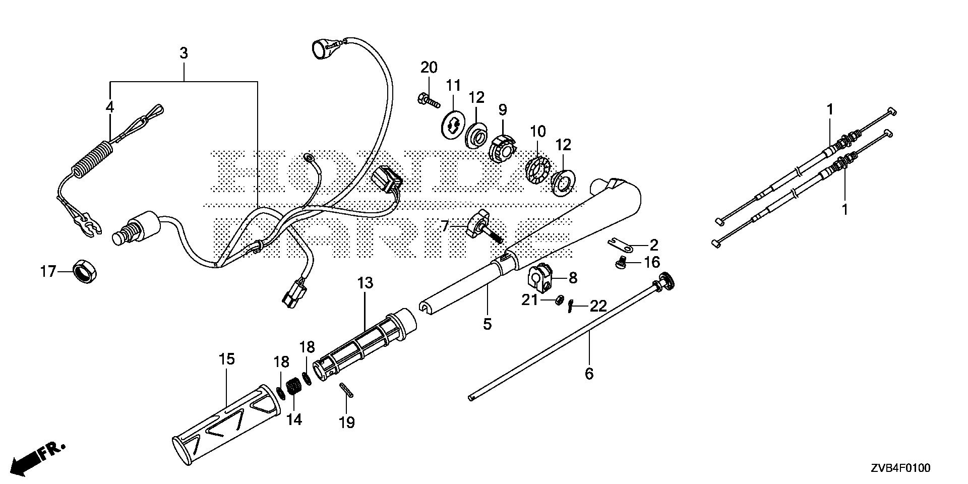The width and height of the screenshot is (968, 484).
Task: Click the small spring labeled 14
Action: point(294,389)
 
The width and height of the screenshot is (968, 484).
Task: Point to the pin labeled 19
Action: point(346,390)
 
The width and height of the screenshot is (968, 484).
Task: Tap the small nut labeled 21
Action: point(559,300)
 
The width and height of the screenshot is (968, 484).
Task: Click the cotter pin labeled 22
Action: point(570,306)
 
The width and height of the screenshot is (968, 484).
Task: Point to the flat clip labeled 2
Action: point(620,246)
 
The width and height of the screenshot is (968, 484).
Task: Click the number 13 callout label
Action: point(366,283)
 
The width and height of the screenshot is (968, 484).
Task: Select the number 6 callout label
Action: point(589,374)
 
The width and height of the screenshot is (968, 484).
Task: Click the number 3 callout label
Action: point(184,53)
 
